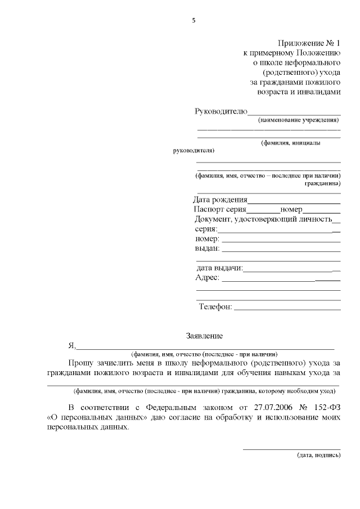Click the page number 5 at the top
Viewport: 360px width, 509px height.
coord(194,21)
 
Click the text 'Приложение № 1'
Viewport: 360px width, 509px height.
coord(309,43)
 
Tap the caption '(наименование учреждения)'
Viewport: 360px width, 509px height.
coord(298,120)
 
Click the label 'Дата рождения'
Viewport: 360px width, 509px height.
coord(219,199)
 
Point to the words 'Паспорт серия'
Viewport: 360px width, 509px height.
coord(220,209)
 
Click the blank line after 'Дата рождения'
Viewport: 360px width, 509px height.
coord(294,201)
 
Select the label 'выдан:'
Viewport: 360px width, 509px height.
coord(207,249)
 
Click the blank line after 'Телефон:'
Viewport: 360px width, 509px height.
coord(287,309)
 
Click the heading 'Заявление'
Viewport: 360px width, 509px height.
coord(204,336)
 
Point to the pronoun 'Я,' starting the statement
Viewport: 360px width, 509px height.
coord(71,346)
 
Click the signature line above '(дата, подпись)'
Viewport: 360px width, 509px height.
coord(291,449)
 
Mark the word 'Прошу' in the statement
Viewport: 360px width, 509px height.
coord(80,363)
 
